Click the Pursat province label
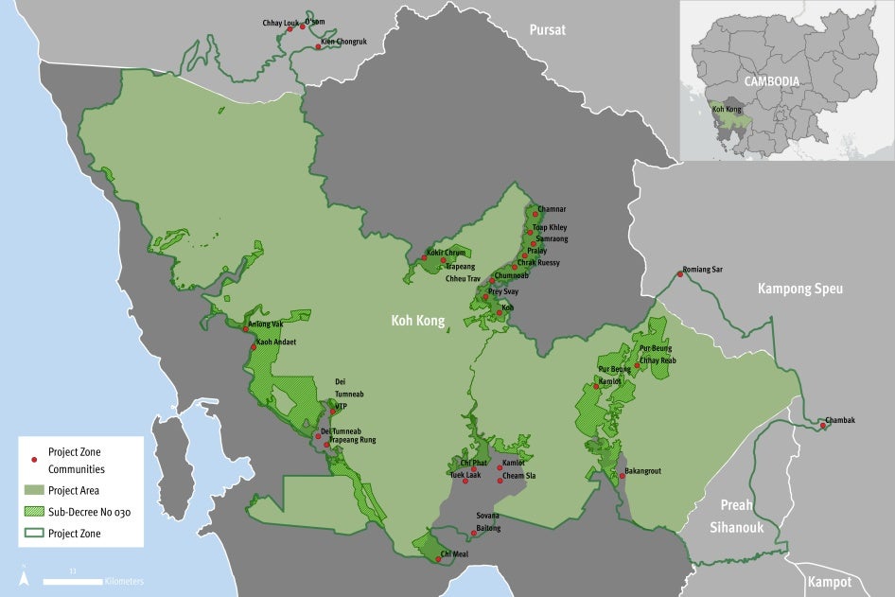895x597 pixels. pos(547,29)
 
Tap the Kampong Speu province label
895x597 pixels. pos(800,289)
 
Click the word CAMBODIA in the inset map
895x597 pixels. pos(771,81)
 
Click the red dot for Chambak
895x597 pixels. pos(823,425)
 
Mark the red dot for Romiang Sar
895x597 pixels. pos(679,274)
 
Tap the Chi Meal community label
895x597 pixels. pos(454,553)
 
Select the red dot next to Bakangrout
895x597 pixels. pos(623,476)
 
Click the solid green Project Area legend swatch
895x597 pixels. pos(34,490)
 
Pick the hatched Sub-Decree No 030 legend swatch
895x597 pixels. pos(34,512)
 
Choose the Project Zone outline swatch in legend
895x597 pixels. pos(34,534)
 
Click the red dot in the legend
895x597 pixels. pos(34,460)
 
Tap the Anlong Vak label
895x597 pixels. pos(266,324)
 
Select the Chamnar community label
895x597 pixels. pos(552,208)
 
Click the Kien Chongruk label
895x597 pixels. pos(343,42)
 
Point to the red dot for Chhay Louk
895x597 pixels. pos(290,29)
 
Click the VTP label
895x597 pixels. pos(342,406)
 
